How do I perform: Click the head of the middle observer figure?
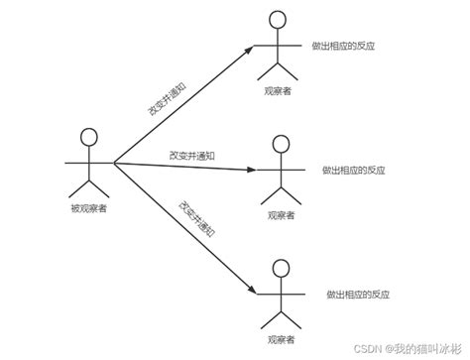[282, 145]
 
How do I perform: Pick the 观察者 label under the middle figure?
[282, 214]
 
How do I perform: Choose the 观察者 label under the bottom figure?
[282, 339]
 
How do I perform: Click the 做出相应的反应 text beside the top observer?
[343, 45]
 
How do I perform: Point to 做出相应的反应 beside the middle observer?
[347, 170]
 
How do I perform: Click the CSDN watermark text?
[397, 348]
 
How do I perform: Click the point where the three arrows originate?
[114, 162]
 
